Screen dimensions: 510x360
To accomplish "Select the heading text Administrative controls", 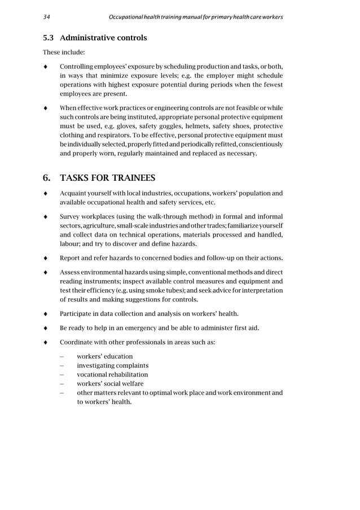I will (x=103, y=38).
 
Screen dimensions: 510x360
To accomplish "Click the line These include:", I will (x=64, y=54).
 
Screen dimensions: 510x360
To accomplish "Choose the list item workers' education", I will (x=105, y=356).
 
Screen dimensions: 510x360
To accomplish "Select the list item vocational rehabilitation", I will (x=112, y=374).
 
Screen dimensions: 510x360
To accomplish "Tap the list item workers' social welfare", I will (x=110, y=383).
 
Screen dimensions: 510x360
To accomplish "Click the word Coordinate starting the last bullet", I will (x=77, y=342).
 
